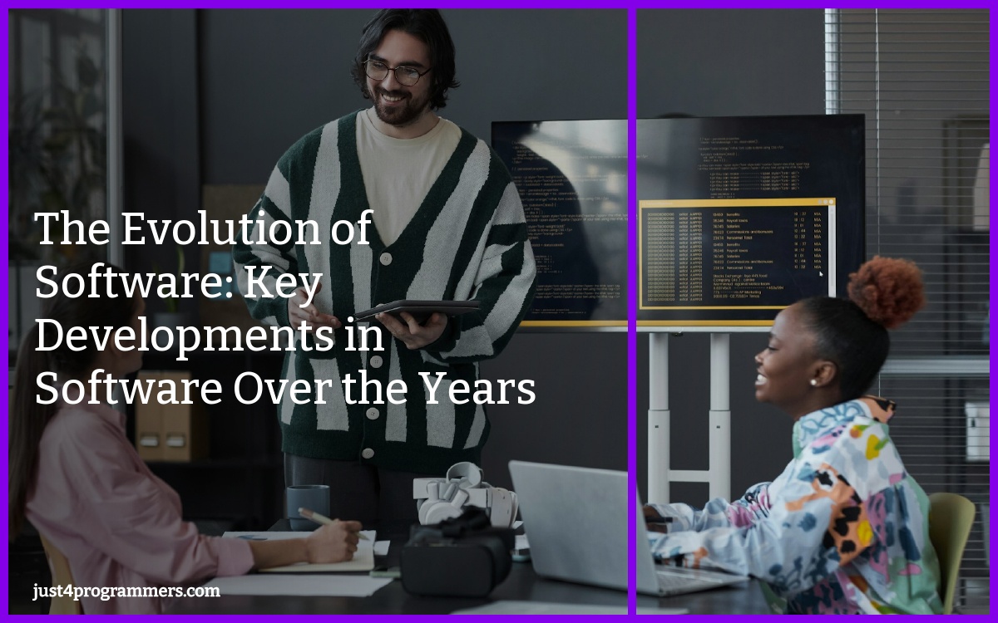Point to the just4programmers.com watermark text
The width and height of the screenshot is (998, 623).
tap(126, 591)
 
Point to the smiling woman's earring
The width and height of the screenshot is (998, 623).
tap(813, 382)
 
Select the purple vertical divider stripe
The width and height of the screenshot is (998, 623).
tap(632, 311)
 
